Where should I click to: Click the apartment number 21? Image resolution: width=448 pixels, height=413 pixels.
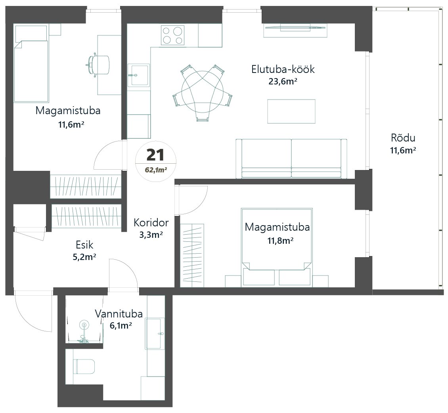click(x=155, y=155)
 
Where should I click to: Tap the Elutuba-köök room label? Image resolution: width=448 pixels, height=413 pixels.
click(x=283, y=69)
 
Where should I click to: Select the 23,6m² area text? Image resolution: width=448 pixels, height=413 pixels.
click(x=283, y=82)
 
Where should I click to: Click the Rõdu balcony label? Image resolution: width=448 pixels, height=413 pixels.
click(x=403, y=138)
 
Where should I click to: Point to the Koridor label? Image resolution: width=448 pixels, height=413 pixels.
click(x=151, y=222)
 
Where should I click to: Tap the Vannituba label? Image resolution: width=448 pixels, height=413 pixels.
click(x=119, y=314)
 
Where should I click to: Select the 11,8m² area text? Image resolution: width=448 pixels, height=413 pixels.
click(x=280, y=240)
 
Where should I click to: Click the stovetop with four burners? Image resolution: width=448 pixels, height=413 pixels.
click(x=173, y=35)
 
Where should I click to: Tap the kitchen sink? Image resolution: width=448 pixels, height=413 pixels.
click(x=139, y=75)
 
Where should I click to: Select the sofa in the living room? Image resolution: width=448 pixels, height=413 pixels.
click(x=291, y=158)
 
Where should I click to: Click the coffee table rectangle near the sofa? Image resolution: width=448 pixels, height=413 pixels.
click(x=291, y=111)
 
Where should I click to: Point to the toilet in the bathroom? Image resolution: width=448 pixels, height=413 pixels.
click(x=84, y=367)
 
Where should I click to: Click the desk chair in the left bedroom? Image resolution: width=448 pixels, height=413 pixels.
click(x=100, y=65)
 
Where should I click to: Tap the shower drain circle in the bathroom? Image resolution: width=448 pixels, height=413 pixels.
click(x=84, y=325)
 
